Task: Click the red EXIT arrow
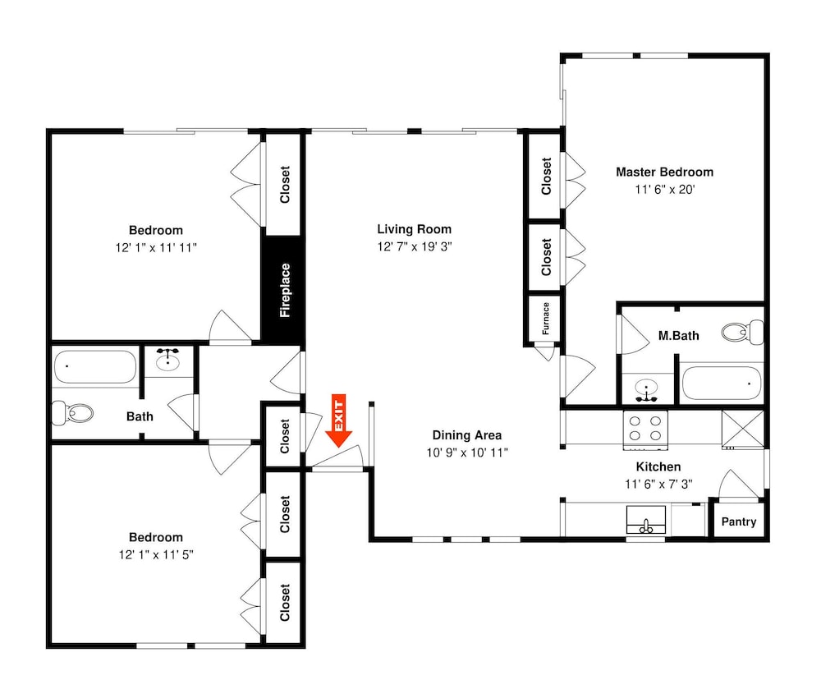point(339,420)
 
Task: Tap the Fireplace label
point(285,290)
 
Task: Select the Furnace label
point(546,319)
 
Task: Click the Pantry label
point(739,521)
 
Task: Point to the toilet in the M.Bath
point(742,332)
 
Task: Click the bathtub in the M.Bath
point(722,384)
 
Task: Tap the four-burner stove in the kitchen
point(645,430)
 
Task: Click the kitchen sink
point(646,520)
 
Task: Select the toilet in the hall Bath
point(73,413)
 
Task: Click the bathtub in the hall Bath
point(95,367)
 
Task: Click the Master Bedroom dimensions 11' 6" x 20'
point(664,190)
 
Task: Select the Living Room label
point(414,229)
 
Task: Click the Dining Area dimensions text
point(467,453)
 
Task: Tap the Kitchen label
point(658,466)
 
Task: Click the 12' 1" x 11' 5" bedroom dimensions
point(156,554)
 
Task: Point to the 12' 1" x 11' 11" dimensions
point(156,247)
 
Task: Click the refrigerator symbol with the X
point(742,430)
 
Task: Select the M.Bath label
point(679,336)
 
